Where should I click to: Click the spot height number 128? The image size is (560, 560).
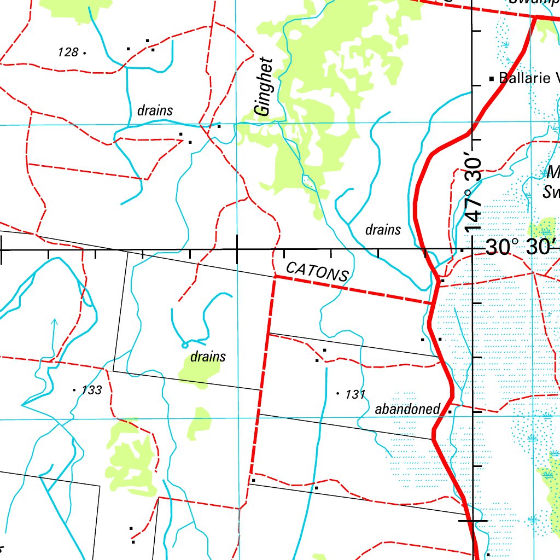point(68,52)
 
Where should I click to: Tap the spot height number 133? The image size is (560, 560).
point(91,390)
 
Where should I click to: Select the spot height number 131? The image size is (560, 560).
point(355,394)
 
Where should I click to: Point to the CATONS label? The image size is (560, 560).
point(317,271)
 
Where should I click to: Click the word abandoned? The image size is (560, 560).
point(407,409)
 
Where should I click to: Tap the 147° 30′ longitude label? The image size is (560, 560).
point(474,194)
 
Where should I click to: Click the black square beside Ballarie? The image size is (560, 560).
point(492,79)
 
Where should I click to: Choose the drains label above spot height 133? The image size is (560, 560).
point(208,357)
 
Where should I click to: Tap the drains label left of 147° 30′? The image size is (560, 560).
point(383,230)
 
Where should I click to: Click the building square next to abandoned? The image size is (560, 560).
point(450,411)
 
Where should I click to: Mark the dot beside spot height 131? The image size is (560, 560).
point(337,393)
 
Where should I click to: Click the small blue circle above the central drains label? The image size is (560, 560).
point(184,345)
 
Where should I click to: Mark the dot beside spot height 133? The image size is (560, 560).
point(74,390)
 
